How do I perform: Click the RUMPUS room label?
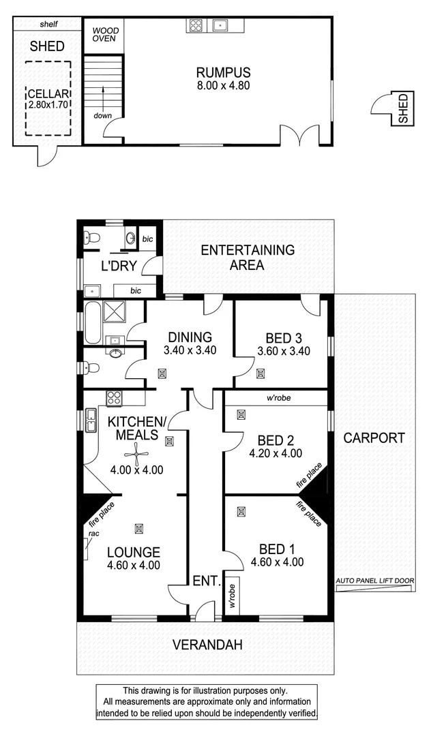point(223,72)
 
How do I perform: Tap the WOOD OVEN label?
point(105,35)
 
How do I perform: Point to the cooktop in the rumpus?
point(196,26)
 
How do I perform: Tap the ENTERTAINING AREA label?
point(248,258)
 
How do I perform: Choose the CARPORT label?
point(374,438)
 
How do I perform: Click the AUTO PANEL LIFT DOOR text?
point(375,581)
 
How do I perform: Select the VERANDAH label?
point(207,645)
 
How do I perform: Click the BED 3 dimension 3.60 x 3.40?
point(284,352)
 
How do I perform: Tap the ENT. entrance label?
point(206,581)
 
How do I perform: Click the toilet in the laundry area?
point(91,238)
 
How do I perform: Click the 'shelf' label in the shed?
point(49,24)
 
